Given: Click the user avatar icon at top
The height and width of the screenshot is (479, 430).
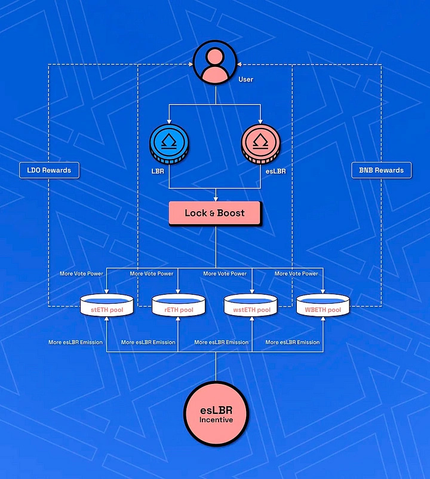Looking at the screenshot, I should point(215,65).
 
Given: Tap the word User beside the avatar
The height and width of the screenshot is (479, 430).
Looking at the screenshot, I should point(245,80).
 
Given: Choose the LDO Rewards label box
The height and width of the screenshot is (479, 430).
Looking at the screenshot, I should point(49,170).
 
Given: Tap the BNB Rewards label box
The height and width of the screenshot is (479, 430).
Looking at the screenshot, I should point(381,170).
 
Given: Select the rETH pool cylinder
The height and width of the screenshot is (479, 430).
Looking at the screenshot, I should point(179,307).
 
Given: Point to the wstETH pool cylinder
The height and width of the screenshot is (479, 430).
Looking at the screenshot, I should point(251,307).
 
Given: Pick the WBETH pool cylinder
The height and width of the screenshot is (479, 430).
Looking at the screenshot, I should point(323,307).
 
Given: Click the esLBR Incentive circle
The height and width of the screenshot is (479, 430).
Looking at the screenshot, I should point(215,414).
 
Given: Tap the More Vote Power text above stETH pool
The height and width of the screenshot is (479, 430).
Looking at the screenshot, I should point(81,274).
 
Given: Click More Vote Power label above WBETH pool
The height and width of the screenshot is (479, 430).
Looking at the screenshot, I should point(296,274).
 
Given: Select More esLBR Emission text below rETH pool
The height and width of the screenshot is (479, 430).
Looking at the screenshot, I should point(148,343).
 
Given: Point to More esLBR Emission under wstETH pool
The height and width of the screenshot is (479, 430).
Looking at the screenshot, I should point(221,343).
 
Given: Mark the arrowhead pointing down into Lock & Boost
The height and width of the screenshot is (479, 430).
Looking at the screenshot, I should point(215,199).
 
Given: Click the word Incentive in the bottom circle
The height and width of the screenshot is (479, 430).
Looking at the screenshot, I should point(215,420).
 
